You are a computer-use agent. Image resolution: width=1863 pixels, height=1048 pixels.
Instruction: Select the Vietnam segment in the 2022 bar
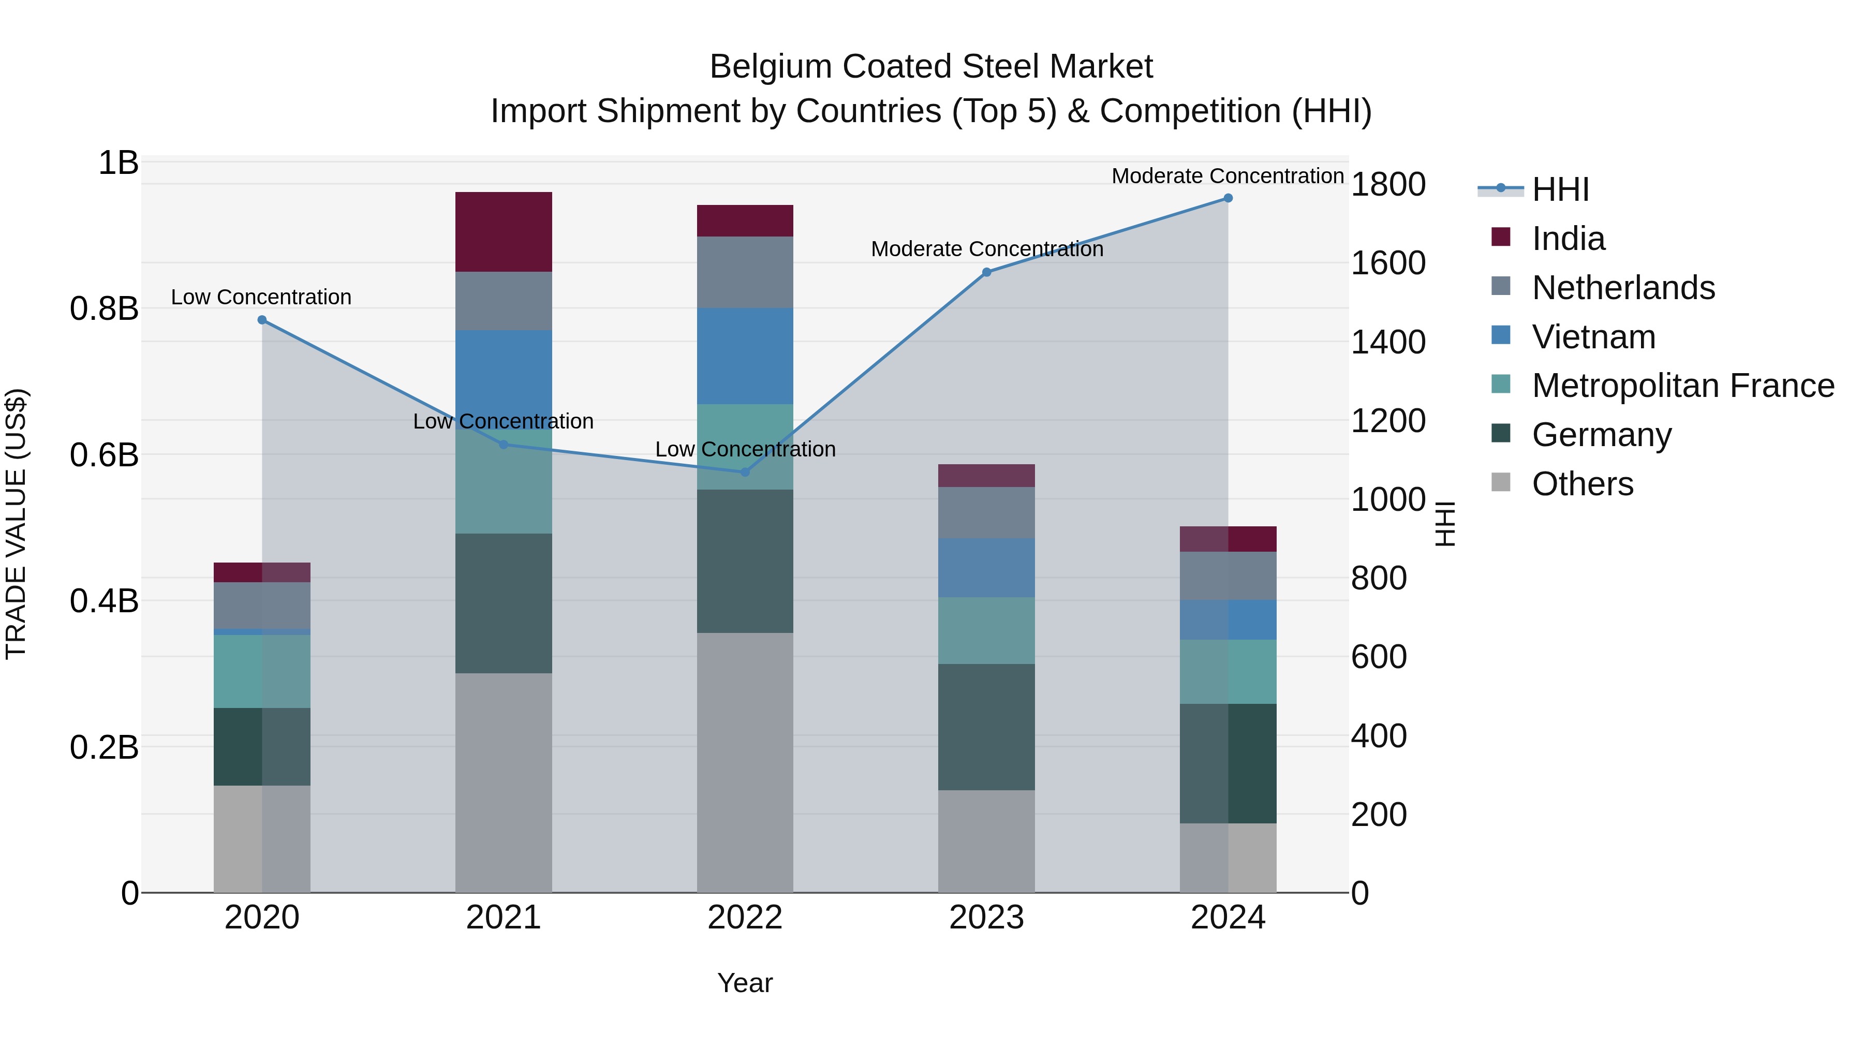745,356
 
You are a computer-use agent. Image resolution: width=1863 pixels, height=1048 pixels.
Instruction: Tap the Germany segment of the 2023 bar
986,727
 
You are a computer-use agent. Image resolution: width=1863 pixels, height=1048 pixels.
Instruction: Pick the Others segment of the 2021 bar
504,783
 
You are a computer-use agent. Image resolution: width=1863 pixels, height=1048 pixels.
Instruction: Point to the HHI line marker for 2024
1228,198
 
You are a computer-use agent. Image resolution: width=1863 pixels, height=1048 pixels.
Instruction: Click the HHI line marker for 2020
262,320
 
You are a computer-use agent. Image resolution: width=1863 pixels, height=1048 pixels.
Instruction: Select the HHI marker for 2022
745,471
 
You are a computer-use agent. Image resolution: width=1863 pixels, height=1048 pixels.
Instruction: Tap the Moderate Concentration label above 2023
986,249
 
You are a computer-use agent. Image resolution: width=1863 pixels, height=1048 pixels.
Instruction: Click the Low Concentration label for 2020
261,297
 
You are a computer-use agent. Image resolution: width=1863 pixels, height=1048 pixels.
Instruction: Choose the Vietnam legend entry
1593,337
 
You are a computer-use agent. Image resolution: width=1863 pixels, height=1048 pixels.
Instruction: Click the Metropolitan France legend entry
1682,386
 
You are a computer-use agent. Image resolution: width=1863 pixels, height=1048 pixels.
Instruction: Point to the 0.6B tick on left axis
104,455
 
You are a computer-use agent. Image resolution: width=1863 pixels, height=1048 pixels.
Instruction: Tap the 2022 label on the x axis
745,918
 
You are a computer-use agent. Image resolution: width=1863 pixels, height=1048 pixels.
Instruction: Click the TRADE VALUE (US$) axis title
16,524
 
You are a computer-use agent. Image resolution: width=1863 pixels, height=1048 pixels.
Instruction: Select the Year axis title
745,983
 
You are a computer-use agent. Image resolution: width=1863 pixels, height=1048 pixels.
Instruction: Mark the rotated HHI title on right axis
1444,524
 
